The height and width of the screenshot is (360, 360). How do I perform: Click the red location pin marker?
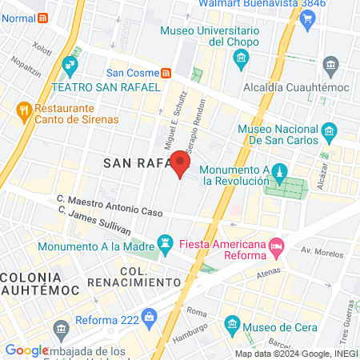pos(181,166)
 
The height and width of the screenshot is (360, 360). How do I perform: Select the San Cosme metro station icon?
pos(166,72)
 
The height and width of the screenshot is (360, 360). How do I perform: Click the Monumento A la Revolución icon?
pos(280,171)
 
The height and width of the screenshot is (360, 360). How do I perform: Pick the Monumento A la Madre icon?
pos(165,241)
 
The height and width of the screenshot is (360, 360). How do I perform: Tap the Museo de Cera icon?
pos(232,323)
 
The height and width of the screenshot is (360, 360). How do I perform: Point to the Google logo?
pos(26,350)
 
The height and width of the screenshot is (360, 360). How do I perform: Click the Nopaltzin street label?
pos(24,70)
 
